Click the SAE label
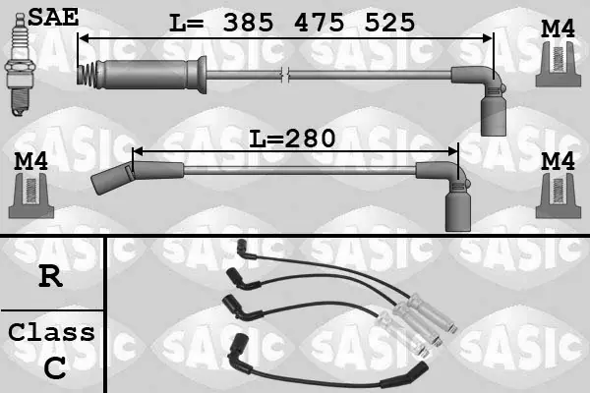pyautogui.click(x=53, y=18)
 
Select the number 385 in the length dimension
pyautogui.click(x=248, y=23)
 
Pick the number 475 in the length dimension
pyautogui.click(x=319, y=23)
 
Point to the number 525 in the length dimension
pyautogui.click(x=389, y=23)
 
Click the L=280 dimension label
pyautogui.click(x=292, y=139)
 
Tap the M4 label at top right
pyautogui.click(x=558, y=28)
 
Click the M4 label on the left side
pyautogui.click(x=30, y=161)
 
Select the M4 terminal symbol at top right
pyautogui.click(x=558, y=64)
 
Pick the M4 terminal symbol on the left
pyautogui.click(x=31, y=196)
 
